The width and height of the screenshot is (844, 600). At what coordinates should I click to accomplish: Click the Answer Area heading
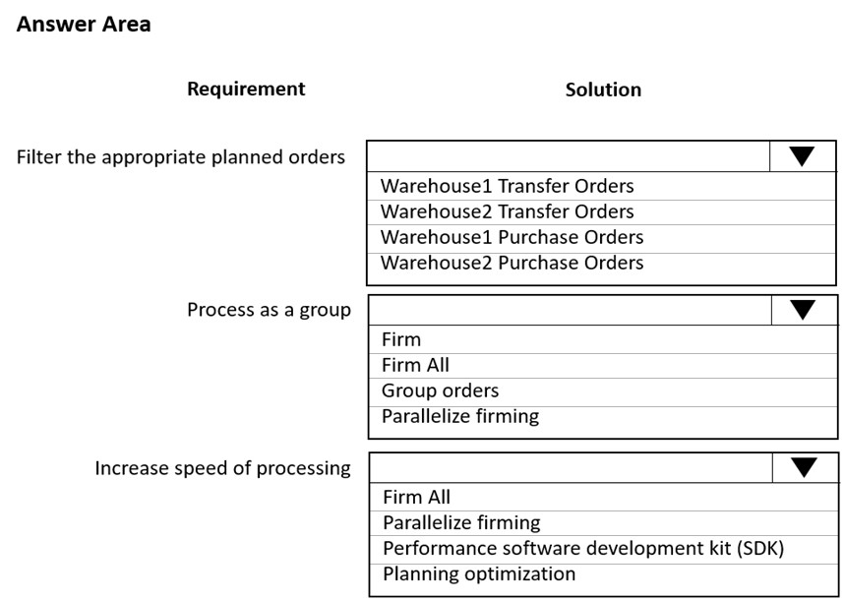pyautogui.click(x=84, y=25)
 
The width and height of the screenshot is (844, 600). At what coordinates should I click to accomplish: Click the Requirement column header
pyautogui.click(x=246, y=89)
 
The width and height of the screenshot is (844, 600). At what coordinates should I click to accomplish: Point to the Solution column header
pyautogui.click(x=603, y=90)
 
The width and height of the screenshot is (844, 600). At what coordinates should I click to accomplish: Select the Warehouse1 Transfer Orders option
pyautogui.click(x=507, y=186)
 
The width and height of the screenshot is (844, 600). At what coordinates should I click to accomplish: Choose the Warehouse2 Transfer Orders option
pyautogui.click(x=507, y=211)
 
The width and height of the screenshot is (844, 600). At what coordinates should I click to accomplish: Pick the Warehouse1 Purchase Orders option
pyautogui.click(x=512, y=237)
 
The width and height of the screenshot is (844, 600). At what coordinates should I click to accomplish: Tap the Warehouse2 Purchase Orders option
pyautogui.click(x=512, y=263)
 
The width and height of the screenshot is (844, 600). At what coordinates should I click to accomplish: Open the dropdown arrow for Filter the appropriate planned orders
pyautogui.click(x=802, y=156)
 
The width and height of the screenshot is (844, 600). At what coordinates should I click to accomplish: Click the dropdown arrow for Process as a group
pyautogui.click(x=803, y=310)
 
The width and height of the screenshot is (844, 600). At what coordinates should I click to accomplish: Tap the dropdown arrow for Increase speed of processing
pyautogui.click(x=805, y=467)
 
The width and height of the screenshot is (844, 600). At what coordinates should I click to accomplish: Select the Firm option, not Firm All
pyautogui.click(x=401, y=339)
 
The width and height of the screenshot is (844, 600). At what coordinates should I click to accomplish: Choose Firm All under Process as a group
pyautogui.click(x=415, y=365)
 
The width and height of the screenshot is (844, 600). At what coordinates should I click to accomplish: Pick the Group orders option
pyautogui.click(x=441, y=390)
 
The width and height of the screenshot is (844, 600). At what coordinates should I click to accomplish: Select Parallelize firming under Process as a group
pyautogui.click(x=460, y=416)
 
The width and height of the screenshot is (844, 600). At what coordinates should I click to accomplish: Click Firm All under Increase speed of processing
pyautogui.click(x=417, y=498)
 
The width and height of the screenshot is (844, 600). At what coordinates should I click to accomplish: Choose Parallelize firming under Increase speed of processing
pyautogui.click(x=461, y=522)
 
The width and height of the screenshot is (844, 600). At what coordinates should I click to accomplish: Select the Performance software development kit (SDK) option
pyautogui.click(x=583, y=548)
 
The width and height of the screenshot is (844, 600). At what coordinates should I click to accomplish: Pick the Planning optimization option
pyautogui.click(x=479, y=574)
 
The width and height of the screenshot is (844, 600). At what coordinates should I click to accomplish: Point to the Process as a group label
pyautogui.click(x=270, y=310)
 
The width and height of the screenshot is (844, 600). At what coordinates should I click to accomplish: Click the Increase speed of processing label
pyautogui.click(x=223, y=468)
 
